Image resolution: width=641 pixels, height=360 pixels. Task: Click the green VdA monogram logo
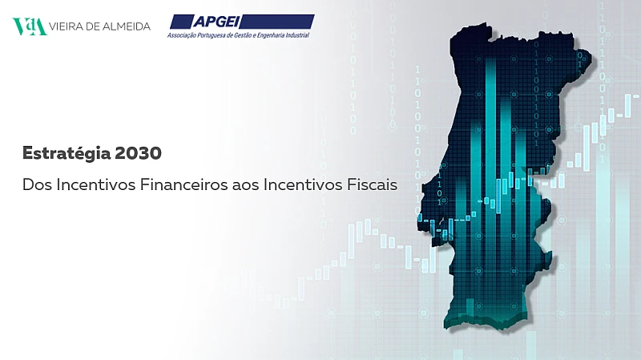[30, 26]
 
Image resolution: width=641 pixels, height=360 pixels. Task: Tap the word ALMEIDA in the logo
[127, 26]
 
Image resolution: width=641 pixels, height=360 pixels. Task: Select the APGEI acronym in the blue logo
[216, 22]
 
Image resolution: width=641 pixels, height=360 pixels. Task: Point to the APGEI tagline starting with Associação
[238, 35]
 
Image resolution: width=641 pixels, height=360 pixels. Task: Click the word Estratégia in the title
[67, 153]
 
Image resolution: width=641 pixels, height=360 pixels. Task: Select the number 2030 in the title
[138, 153]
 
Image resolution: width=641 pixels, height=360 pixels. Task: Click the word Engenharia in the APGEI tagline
[271, 35]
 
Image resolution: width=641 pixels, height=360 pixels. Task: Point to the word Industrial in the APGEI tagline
[297, 35]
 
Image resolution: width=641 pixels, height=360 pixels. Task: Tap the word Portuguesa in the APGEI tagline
[210, 35]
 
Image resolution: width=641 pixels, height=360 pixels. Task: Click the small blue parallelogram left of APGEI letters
[182, 22]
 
